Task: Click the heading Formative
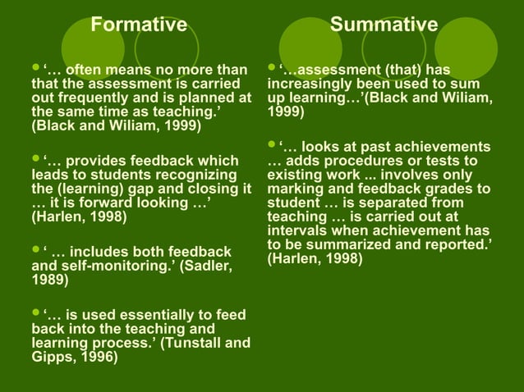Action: tap(138, 25)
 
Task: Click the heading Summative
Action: tap(384, 25)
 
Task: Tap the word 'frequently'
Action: tap(94, 99)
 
